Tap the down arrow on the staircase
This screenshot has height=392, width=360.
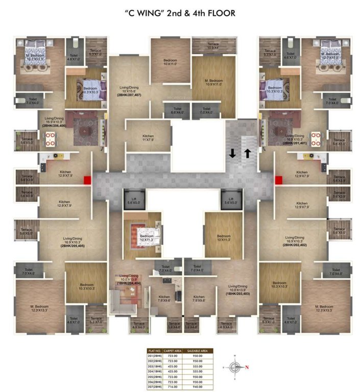point(232,153)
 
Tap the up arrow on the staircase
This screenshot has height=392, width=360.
point(247,153)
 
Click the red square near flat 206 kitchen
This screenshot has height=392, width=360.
point(87,180)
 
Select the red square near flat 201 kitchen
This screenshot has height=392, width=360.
point(278,180)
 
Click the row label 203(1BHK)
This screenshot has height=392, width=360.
point(155,365)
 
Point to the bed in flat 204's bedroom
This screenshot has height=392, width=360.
point(146,232)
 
